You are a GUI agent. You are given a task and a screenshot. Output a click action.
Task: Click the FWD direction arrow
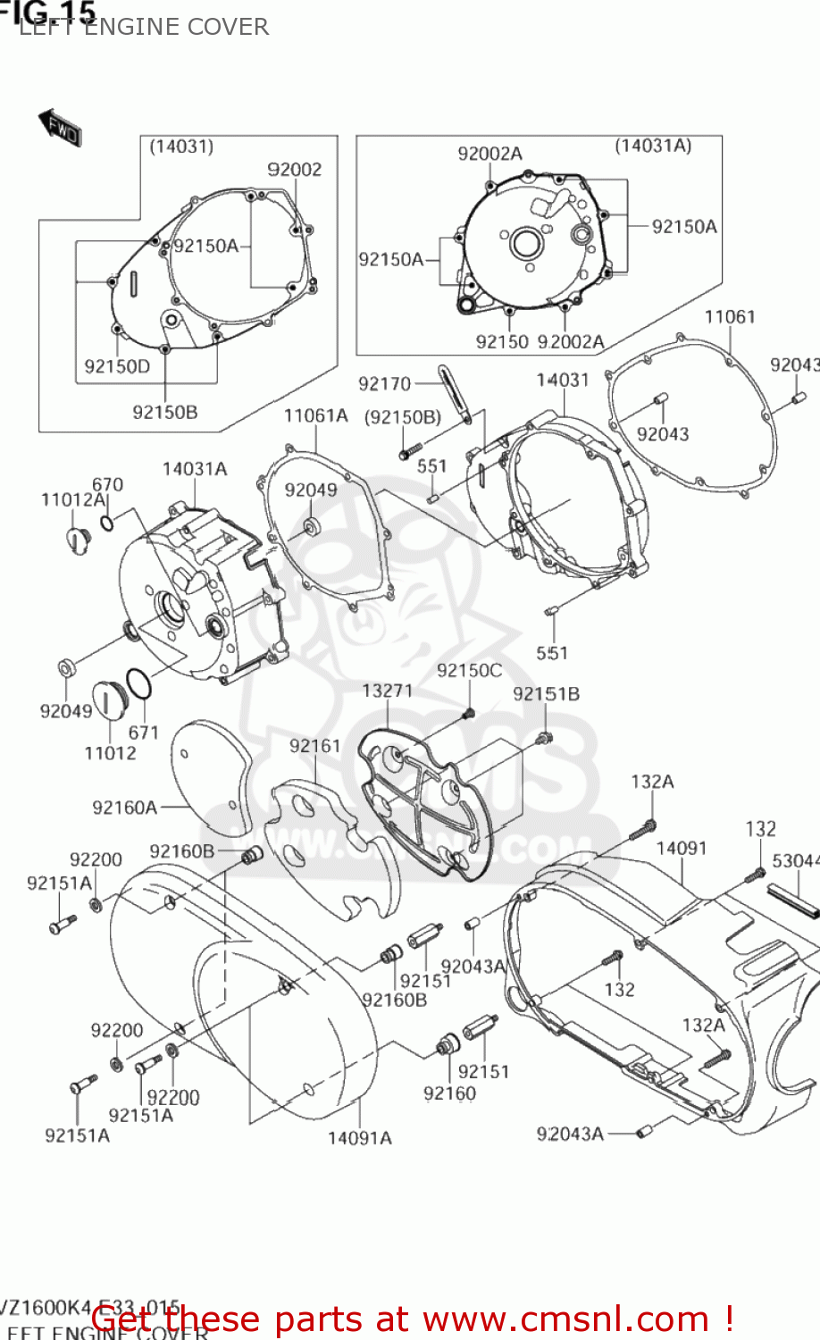click(x=61, y=128)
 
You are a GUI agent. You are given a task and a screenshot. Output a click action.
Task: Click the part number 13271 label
click(x=387, y=691)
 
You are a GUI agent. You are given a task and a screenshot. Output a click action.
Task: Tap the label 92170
click(x=384, y=383)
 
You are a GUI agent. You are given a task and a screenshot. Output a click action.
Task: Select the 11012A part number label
click(x=73, y=499)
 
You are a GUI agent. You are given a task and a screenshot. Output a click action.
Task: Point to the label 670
click(x=107, y=485)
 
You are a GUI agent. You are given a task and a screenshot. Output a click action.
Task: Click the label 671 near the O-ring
click(x=143, y=733)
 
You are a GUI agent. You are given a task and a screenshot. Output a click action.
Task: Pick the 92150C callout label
click(x=469, y=670)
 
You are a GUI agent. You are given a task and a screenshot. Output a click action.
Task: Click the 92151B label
click(x=546, y=694)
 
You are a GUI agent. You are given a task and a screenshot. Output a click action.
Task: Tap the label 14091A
click(x=359, y=1137)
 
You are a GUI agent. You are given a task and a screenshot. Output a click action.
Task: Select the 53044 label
click(x=795, y=860)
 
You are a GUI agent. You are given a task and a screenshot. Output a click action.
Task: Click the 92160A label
click(x=124, y=808)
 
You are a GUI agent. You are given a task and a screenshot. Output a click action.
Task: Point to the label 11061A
click(x=315, y=415)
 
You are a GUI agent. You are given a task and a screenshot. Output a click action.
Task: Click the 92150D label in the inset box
click(x=117, y=366)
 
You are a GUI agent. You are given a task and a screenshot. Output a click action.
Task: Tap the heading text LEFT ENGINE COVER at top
click(x=143, y=27)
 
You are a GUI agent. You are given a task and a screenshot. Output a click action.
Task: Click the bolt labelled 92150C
click(x=468, y=712)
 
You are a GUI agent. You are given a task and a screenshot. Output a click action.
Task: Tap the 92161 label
click(x=314, y=745)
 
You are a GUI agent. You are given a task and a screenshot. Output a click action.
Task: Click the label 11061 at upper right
click(x=729, y=317)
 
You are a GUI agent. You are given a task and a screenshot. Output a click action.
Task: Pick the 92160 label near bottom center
click(x=449, y=1093)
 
